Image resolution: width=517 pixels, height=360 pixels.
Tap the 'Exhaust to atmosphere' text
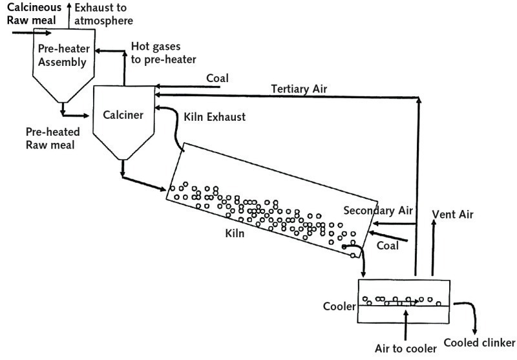pos(104,14)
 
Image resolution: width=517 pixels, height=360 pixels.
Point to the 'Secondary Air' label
pos(375,210)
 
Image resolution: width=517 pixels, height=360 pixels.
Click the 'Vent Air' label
pos(452,213)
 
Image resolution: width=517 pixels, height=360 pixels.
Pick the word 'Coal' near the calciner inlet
pos(217,78)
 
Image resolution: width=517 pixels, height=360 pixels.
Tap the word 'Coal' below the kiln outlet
pos(388,246)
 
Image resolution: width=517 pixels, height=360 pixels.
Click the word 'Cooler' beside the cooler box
pos(339,306)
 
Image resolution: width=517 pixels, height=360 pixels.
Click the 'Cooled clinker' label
pos(479,342)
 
